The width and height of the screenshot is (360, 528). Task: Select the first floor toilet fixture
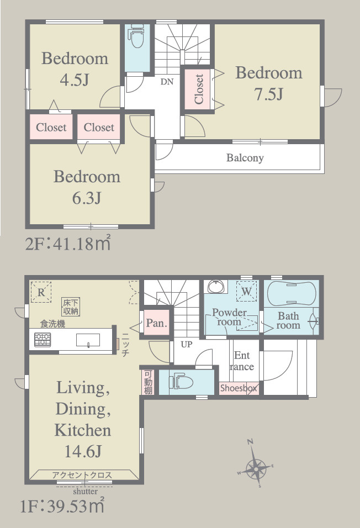181,382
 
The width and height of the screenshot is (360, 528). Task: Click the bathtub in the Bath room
292,293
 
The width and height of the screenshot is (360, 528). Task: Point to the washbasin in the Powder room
215,286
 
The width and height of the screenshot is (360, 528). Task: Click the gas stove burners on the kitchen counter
43,340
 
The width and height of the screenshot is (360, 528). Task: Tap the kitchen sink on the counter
88,340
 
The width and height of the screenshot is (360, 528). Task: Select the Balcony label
245,157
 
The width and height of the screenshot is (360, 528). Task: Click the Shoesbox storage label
239,388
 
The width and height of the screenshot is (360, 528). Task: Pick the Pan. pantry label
156,323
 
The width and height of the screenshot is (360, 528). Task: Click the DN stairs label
167,82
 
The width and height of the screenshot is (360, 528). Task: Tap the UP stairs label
187,344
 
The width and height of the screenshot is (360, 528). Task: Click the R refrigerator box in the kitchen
41,292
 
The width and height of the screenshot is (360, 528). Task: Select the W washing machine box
247,291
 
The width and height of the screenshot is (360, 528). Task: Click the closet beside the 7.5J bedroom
199,89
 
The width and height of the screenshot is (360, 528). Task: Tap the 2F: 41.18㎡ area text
68,243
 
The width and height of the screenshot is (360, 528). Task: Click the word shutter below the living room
86,492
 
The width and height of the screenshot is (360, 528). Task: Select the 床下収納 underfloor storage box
71,307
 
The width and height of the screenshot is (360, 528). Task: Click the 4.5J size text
74,80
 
